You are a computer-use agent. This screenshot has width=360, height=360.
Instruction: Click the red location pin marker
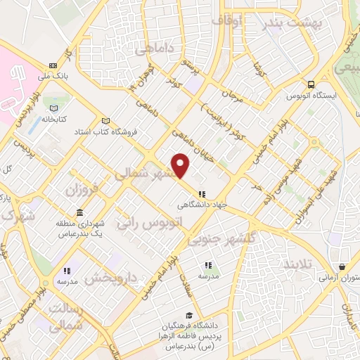pos(181,165)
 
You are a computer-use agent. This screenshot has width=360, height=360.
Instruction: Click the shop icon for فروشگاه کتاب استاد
pos(106,121)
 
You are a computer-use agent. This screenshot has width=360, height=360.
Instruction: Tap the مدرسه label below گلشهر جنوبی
pos(208,276)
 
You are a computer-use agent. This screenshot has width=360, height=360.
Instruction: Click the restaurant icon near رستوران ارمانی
pos(342,267)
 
